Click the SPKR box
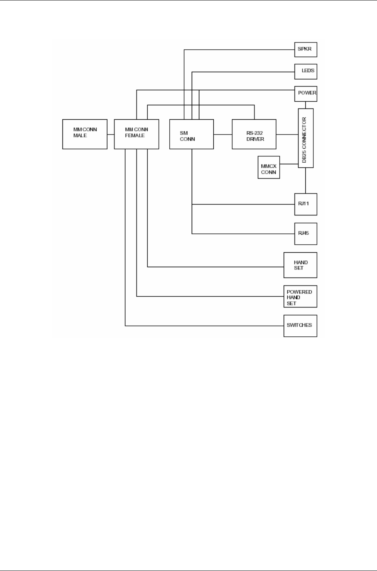pyautogui.click(x=306, y=49)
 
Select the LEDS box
pyautogui.click(x=306, y=71)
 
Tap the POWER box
pyautogui.click(x=306, y=93)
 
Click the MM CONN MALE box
pyautogui.click(x=85, y=134)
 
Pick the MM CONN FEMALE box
pyautogui.click(x=136, y=134)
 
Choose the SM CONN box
pyautogui.click(x=191, y=134)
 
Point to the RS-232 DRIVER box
pyautogui.click(x=254, y=134)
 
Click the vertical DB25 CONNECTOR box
pyautogui.click(x=306, y=138)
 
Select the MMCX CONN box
pyautogui.click(x=269, y=167)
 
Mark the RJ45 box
pyautogui.click(x=306, y=233)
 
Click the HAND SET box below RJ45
pyautogui.click(x=300, y=265)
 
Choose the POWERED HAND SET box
pyautogui.click(x=300, y=297)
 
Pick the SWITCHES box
pyautogui.click(x=300, y=326)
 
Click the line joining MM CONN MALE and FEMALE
pyautogui.click(x=110, y=134)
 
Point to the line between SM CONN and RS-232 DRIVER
pyautogui.click(x=223, y=134)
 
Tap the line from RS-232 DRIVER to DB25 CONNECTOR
pyautogui.click(x=287, y=134)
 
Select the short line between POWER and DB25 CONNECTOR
pyautogui.click(x=306, y=105)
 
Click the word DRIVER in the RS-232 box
pyautogui.click(x=255, y=139)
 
